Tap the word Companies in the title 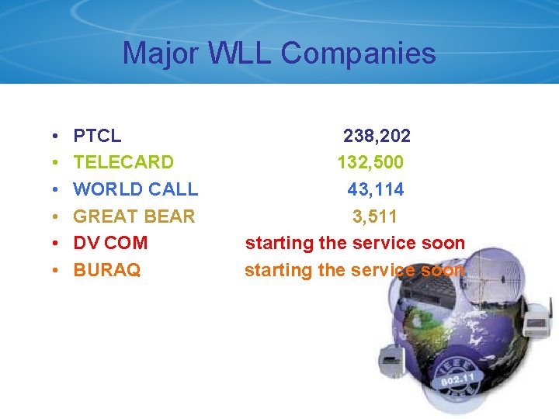tap(358, 54)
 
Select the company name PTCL tap(97, 137)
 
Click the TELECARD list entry tap(123, 163)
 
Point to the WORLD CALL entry tap(136, 189)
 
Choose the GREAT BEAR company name tap(134, 216)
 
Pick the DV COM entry tap(110, 243)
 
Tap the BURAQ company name tap(107, 270)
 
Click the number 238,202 tap(377, 137)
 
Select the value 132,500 tap(370, 163)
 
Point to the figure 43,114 tap(376, 189)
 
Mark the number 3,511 tap(375, 216)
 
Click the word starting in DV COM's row tap(279, 244)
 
